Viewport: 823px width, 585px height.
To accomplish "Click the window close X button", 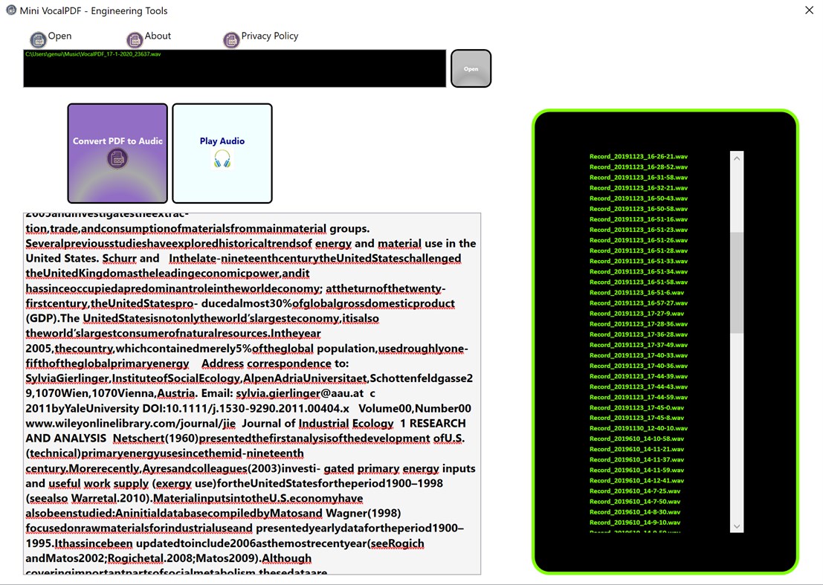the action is [x=809, y=10].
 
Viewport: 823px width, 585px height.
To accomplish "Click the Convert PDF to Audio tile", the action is [x=117, y=152].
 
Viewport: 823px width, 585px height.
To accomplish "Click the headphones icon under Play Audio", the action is [x=222, y=158].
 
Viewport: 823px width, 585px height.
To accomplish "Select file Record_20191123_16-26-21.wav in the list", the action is [x=639, y=157].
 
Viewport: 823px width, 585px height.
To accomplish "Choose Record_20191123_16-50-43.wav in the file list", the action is [x=639, y=198].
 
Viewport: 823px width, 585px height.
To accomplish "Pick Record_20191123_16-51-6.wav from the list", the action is [x=636, y=293].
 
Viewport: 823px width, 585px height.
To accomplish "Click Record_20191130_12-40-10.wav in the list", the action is [x=639, y=428].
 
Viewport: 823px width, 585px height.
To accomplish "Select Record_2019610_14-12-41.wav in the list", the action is [x=637, y=480].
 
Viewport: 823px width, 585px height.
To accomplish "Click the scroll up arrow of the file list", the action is [x=737, y=158].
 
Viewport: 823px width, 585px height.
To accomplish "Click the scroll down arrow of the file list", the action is [x=737, y=526].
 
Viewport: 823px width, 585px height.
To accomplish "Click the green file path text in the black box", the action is [x=93, y=54].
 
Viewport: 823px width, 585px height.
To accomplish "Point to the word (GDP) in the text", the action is [x=42, y=318].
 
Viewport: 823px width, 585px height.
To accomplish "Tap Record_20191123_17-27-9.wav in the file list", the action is [x=636, y=314].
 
